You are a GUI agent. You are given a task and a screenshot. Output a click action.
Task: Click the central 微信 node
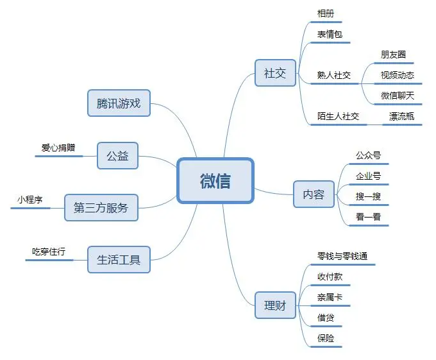tap(215, 181)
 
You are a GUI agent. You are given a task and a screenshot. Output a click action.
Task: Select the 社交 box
tap(275, 73)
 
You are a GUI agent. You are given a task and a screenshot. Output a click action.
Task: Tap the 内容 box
tap(314, 194)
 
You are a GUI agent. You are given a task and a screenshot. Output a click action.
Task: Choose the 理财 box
tap(275, 305)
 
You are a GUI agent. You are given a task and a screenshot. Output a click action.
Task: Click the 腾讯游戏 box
tap(119, 103)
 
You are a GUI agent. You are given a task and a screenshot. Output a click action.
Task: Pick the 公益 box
tap(117, 155)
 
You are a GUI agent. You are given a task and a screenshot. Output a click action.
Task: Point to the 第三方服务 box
tap(101, 207)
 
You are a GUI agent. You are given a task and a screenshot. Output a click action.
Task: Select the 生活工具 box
tap(119, 259)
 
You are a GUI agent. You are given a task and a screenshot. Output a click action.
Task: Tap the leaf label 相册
tap(326, 13)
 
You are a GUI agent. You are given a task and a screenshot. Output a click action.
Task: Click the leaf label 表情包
tap(330, 34)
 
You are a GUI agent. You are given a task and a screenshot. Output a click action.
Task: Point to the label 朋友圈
tap(393, 55)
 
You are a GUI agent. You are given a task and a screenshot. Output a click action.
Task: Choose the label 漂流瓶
tap(401, 116)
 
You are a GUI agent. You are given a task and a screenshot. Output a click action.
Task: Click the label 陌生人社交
tap(338, 116)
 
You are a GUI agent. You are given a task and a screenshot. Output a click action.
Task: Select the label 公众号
tap(368, 155)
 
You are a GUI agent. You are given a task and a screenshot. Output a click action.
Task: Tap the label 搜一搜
tap(368, 196)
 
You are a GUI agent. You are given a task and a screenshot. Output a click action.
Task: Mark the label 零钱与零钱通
tap(342, 256)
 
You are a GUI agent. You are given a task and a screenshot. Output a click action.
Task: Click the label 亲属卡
tap(330, 297)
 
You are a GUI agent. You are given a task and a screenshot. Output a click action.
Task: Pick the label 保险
tap(326, 338)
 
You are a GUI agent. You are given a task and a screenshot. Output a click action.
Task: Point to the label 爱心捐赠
tap(58, 148)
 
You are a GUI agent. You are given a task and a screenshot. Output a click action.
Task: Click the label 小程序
tap(30, 200)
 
